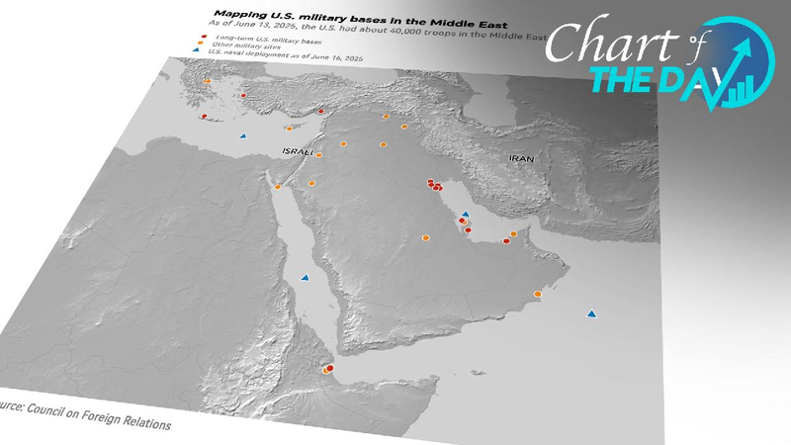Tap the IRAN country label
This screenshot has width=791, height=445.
coord(521,158)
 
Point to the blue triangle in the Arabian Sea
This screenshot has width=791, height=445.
coord(591,313)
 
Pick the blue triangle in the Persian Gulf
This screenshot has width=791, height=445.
coord(465,213)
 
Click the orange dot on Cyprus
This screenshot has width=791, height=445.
coord(289,129)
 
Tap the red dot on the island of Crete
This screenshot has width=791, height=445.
coord(203,117)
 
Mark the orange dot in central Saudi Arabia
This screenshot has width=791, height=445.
coord(426,237)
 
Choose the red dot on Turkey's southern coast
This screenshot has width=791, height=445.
coord(320,111)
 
